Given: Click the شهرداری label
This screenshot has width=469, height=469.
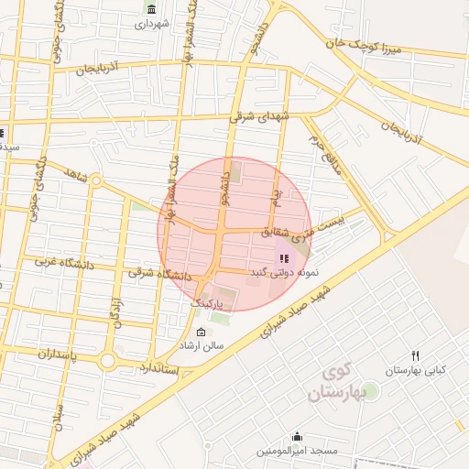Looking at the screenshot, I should coord(153,24).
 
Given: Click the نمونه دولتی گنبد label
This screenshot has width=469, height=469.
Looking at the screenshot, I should coord(282,273).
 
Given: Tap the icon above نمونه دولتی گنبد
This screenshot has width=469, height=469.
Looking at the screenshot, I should coord(282,257).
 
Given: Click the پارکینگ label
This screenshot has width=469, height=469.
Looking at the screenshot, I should coord(207,302).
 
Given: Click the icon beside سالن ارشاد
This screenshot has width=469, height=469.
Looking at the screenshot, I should coord(202,332).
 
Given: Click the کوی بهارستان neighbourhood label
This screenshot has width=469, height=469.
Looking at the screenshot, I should coord(336,385).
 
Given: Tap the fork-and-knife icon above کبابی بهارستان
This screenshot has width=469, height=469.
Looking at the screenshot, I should coord(415,355).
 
